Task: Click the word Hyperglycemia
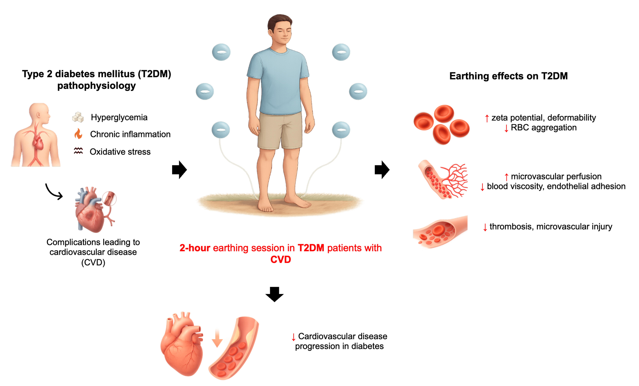click(119, 117)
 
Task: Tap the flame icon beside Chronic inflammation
click(78, 134)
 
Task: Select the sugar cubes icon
click(78, 117)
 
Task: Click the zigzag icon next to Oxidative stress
click(78, 151)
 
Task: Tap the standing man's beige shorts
click(280, 131)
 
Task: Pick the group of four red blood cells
click(441, 124)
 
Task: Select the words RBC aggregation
click(544, 128)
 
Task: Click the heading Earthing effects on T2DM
click(508, 76)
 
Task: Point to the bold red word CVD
click(281, 259)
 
